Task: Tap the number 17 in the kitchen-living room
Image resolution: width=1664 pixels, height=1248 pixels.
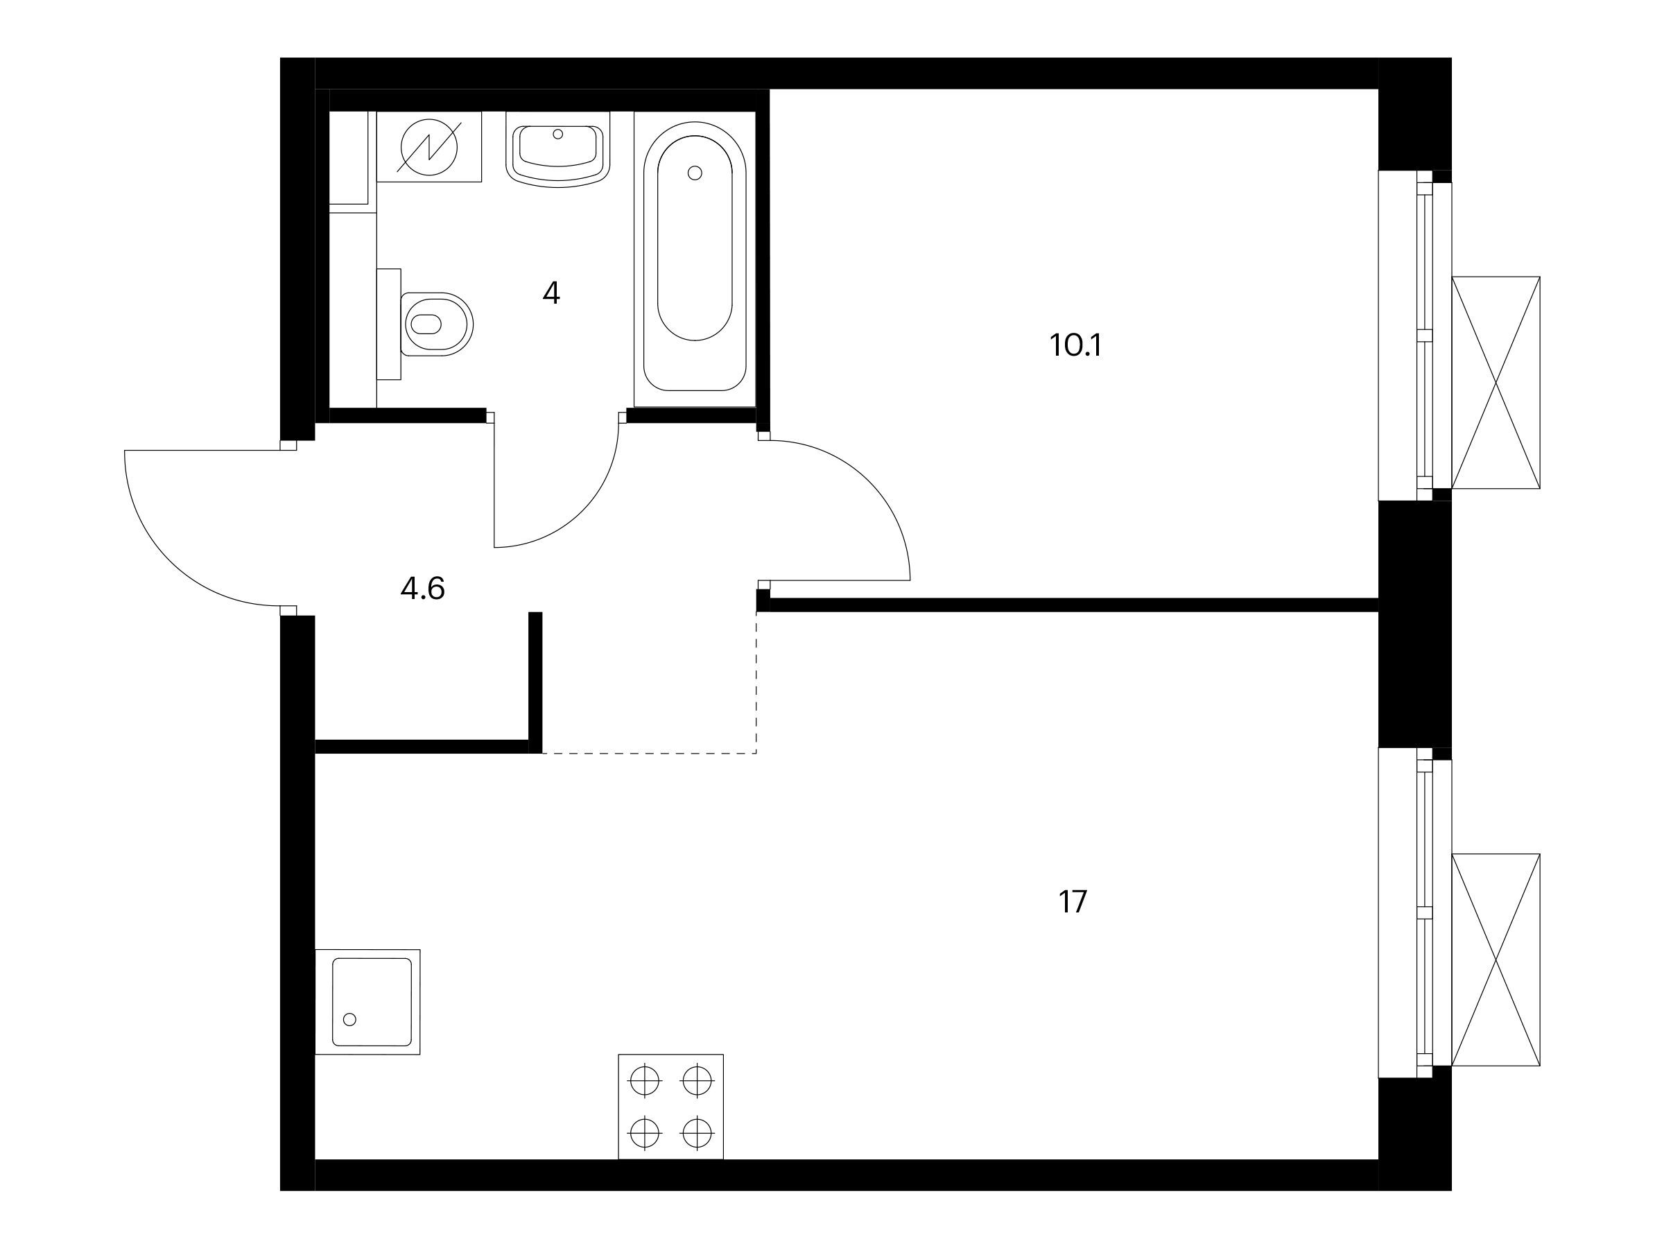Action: point(1073,901)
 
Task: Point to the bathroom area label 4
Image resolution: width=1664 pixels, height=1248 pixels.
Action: point(551,293)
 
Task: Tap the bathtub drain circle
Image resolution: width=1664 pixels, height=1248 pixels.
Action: point(695,173)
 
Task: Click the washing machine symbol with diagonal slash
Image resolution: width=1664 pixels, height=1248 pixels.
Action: point(428,148)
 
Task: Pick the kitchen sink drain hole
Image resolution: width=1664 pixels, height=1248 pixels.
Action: point(349,1019)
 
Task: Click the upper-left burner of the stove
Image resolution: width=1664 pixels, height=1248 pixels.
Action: point(645,1082)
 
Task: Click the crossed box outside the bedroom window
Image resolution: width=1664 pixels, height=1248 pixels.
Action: point(1496,383)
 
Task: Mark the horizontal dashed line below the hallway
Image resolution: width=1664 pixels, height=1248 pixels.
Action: point(649,753)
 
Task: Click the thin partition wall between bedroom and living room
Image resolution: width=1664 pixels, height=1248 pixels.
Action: point(1074,605)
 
